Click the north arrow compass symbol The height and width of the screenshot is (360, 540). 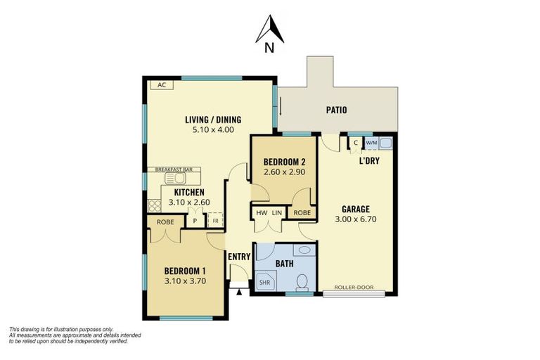point(269,32)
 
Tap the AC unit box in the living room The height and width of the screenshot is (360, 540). point(161,85)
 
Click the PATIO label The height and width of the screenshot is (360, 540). point(336,110)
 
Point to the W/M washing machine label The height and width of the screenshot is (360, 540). point(371,143)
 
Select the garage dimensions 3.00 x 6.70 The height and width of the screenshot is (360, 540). point(356,220)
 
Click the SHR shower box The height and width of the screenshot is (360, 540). point(265,282)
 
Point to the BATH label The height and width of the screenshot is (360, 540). point(284,264)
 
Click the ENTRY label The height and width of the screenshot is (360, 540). point(238,256)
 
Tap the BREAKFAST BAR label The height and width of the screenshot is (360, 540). point(174,169)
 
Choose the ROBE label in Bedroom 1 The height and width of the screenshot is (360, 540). point(165,221)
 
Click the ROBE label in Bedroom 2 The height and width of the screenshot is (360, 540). point(302,212)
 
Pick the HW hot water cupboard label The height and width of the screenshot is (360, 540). point(262,212)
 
